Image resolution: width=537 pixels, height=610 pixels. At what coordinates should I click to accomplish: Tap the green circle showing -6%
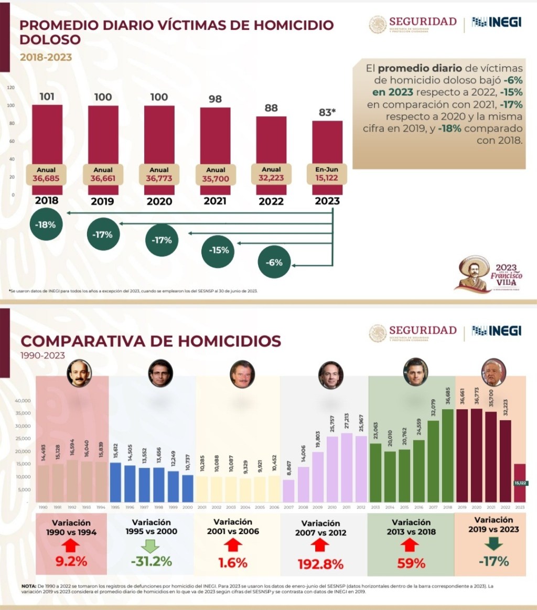pyautogui.click(x=274, y=262)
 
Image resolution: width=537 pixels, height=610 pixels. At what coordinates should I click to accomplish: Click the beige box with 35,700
pyautogui.click(x=215, y=174)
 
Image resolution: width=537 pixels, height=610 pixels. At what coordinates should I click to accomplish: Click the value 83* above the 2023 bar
pyautogui.click(x=327, y=112)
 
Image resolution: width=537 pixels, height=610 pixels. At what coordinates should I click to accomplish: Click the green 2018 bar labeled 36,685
pyautogui.click(x=447, y=455)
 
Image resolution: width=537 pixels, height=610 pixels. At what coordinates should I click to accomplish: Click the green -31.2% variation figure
pyautogui.click(x=151, y=561)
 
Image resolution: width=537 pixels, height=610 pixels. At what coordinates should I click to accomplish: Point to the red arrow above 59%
pyautogui.click(x=411, y=545)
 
